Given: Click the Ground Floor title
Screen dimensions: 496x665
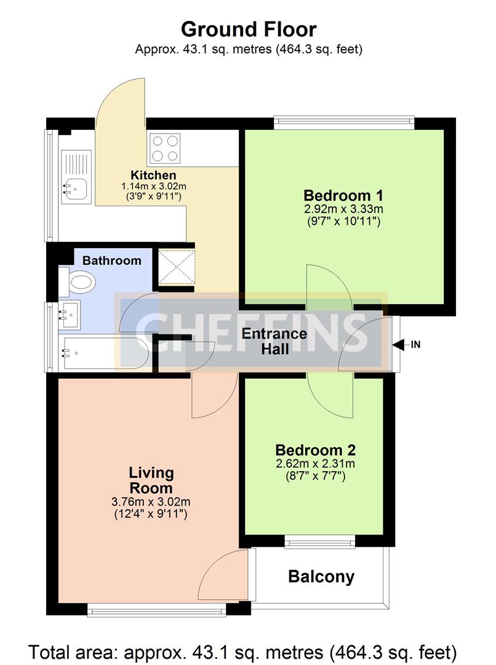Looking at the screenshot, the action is [x=249, y=30].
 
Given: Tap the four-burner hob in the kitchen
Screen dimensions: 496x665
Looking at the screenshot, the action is [x=164, y=148].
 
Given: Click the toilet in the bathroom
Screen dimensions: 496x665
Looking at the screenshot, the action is [x=77, y=281].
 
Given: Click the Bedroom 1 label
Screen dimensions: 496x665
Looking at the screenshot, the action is [x=343, y=196].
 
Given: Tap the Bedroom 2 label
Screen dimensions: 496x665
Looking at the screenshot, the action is [x=316, y=450].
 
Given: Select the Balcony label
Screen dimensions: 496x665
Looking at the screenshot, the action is [x=321, y=577].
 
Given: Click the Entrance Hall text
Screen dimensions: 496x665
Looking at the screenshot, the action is [x=274, y=341].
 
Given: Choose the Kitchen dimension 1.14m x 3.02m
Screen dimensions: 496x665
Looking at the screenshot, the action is [x=154, y=186].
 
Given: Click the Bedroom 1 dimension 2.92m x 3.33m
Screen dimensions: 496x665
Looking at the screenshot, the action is [x=343, y=209].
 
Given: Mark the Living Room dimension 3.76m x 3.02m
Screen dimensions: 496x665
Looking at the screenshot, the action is [x=151, y=502].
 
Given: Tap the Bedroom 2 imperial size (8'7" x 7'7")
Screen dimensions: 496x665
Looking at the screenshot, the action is [x=316, y=476].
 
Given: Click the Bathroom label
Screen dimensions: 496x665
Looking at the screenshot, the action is [x=112, y=260].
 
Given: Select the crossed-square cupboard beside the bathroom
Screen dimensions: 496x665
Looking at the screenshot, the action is [x=177, y=267].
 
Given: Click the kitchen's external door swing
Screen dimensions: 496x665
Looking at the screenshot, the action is [x=121, y=102].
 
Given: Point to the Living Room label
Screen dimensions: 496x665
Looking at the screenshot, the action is [x=151, y=480].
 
